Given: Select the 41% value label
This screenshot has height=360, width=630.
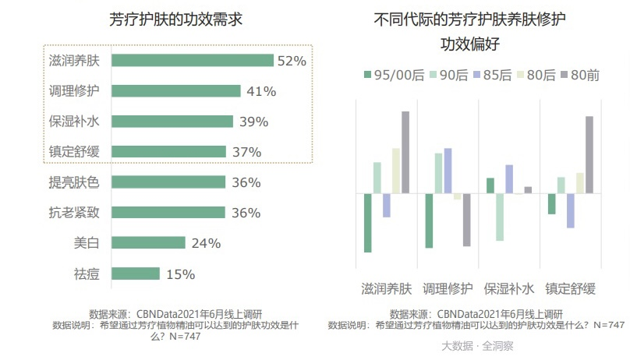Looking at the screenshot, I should click(261, 91).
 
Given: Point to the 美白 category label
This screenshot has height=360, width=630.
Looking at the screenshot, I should click(87, 243).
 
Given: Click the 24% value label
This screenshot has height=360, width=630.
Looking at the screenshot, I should click(206, 243).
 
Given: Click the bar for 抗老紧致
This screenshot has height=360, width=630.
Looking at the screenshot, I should click(168, 213).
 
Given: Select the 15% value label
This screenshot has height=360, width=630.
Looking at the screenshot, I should click(180, 274).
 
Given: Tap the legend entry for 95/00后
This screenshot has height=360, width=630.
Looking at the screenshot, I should click(394, 75).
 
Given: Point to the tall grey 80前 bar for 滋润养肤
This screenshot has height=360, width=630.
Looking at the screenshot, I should click(405, 152).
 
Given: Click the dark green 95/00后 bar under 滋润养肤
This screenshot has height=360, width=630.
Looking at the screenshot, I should click(368, 223).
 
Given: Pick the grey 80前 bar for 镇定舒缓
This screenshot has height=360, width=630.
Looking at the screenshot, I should click(589, 154).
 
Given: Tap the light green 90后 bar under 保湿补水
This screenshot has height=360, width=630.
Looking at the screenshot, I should click(500, 217).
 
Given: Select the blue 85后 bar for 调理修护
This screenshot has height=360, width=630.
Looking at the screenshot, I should click(448, 171).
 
